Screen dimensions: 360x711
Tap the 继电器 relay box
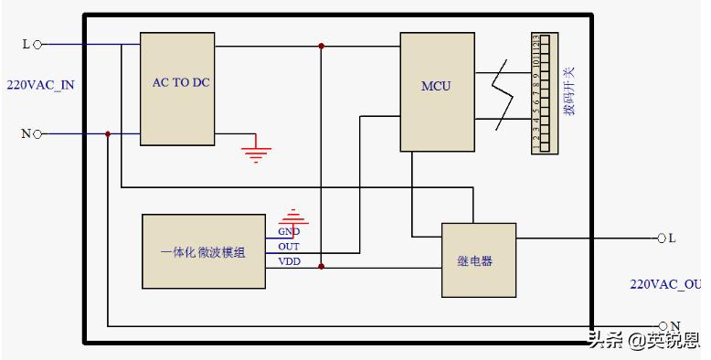(x=478, y=260)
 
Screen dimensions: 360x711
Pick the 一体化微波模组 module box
(x=203, y=252)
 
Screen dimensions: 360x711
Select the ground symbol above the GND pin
(x=292, y=217)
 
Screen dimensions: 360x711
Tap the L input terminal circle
(x=37, y=43)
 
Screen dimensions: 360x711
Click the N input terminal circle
(x=37, y=134)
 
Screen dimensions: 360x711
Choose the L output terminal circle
(x=661, y=238)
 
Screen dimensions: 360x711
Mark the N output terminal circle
(x=663, y=325)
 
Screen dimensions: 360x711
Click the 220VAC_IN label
(x=40, y=85)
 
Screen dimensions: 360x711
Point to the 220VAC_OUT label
(x=665, y=284)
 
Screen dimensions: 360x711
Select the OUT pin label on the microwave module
(x=289, y=247)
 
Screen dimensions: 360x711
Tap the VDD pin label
(x=289, y=261)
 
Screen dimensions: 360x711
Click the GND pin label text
(x=289, y=232)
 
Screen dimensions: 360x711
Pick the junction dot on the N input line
(x=108, y=134)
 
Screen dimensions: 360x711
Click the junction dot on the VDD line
(x=321, y=267)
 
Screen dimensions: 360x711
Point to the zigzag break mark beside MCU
(x=499, y=91)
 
